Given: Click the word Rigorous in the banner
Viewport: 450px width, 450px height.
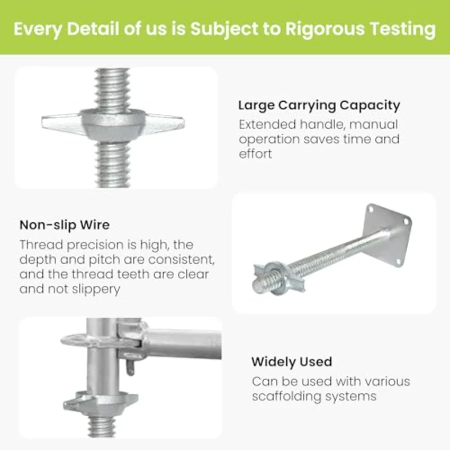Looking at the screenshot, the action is click(324, 28).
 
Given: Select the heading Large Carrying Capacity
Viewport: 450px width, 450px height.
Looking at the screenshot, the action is click(319, 105).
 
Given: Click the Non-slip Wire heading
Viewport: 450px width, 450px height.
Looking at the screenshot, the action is click(64, 225).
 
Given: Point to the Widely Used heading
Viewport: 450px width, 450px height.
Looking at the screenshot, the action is click(291, 361).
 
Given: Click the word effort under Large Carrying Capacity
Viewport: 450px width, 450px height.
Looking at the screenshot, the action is click(255, 153).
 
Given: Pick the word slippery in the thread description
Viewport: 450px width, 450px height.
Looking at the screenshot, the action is click(96, 289).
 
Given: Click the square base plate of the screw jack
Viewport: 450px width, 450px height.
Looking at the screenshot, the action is click(387, 235).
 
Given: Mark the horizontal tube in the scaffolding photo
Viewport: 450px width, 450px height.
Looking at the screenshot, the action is click(183, 344).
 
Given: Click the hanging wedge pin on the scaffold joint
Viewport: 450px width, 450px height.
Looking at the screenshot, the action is click(130, 367).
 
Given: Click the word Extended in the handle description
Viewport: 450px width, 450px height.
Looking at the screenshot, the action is click(267, 124).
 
